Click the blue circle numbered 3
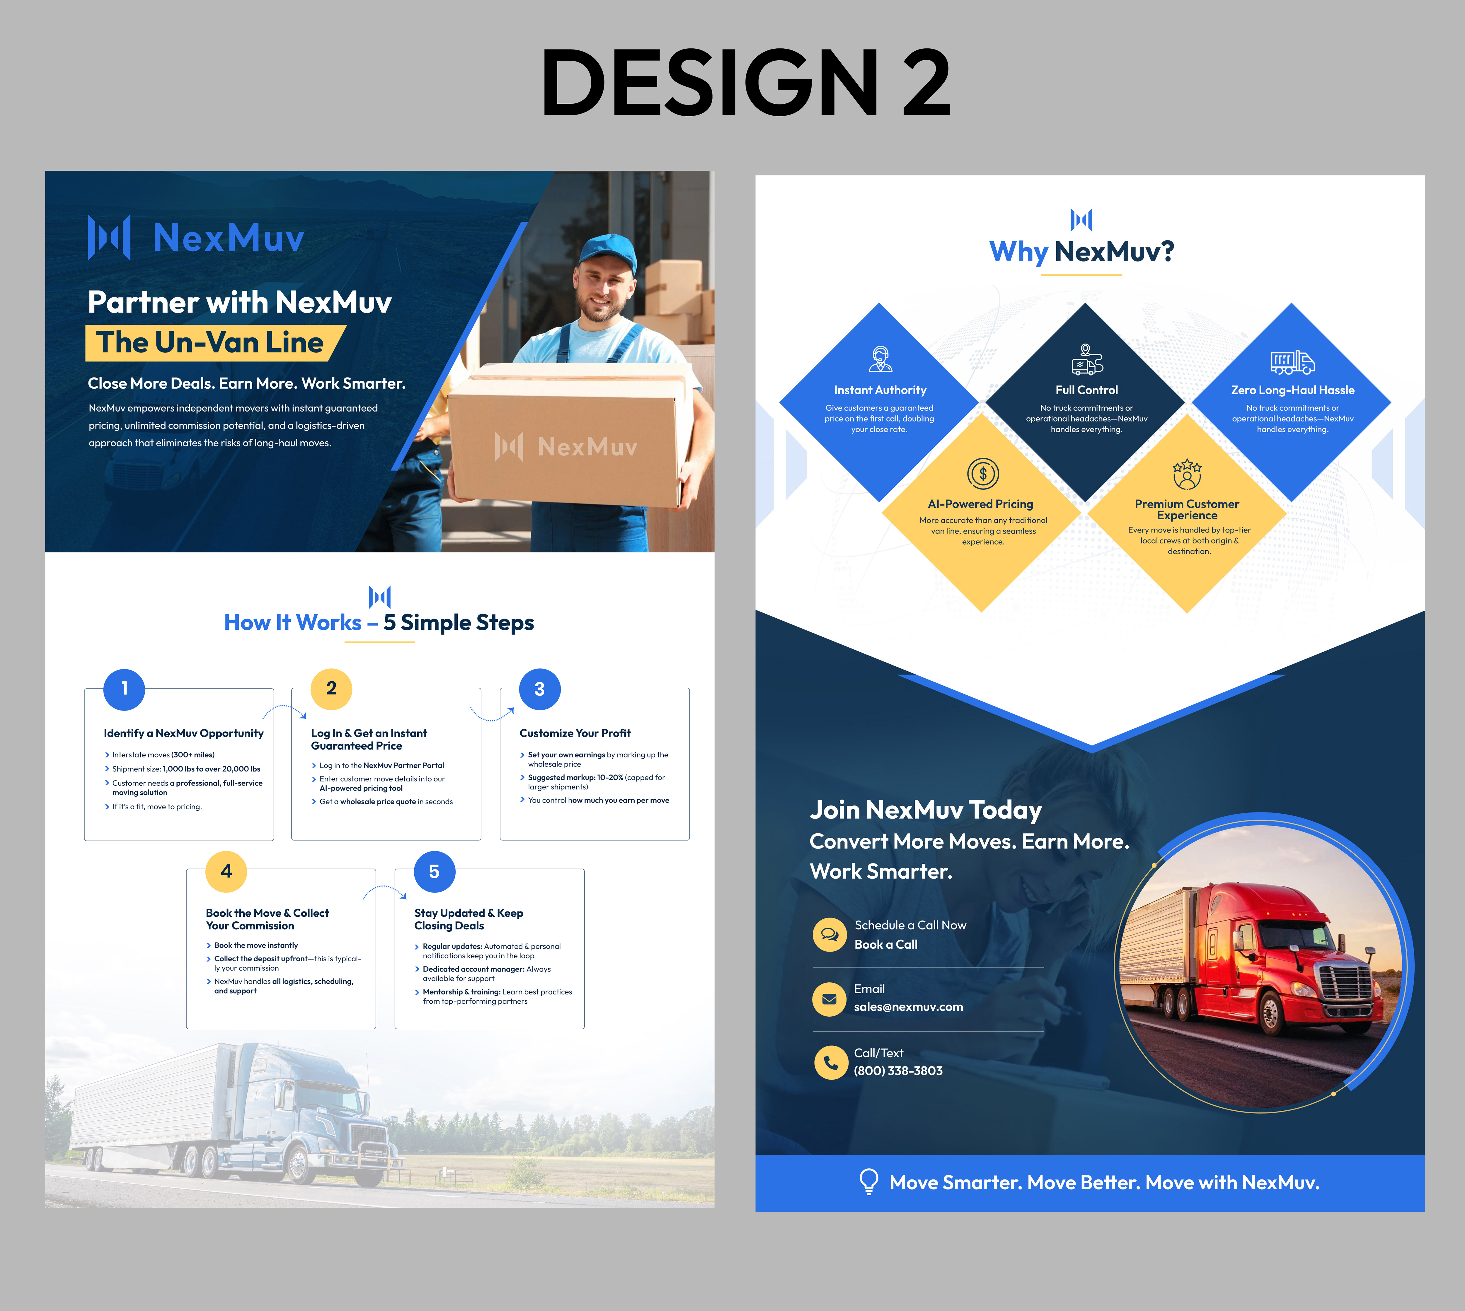point(539,689)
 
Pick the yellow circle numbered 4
point(226,872)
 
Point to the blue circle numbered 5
point(434,872)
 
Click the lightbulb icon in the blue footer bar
point(869,1182)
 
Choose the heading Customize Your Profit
point(575,733)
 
